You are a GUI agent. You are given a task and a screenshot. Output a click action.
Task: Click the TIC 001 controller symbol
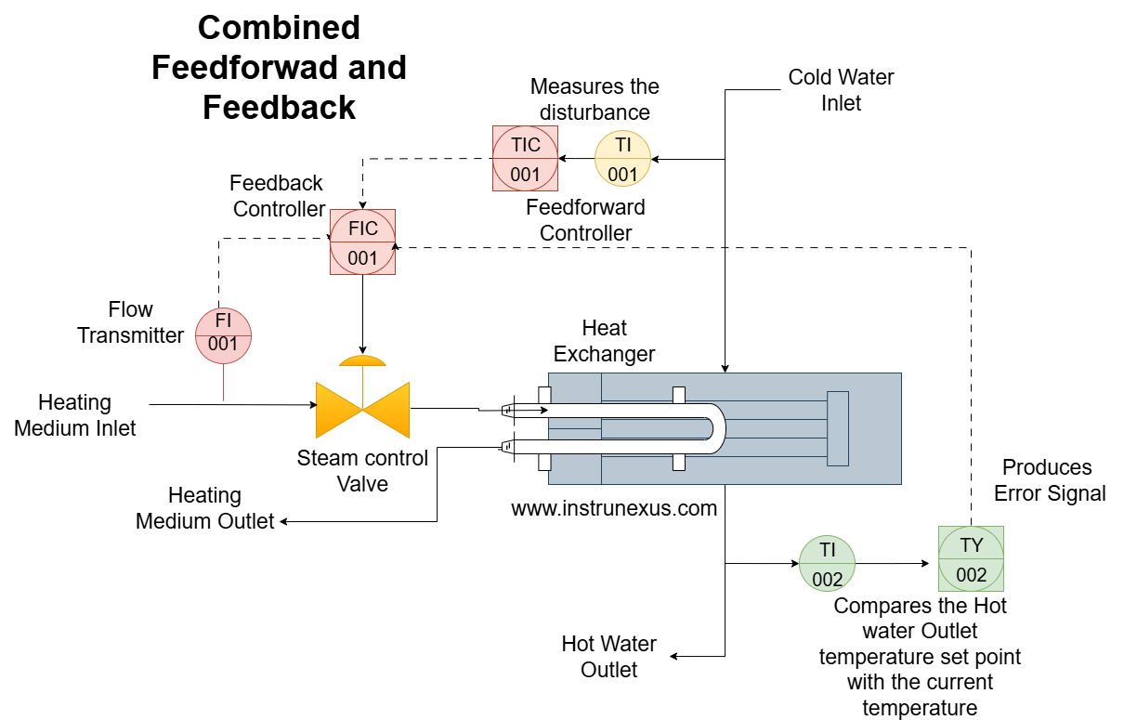[525, 158]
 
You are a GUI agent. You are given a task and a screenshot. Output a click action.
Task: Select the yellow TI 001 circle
[622, 159]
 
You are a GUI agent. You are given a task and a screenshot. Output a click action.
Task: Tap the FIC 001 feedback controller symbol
[362, 242]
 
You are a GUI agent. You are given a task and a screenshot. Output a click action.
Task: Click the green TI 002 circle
[827, 564]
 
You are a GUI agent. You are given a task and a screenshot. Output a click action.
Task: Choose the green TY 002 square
[971, 559]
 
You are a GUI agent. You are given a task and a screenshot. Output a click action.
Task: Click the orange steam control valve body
[362, 409]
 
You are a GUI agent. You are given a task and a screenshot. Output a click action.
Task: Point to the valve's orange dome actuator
[362, 360]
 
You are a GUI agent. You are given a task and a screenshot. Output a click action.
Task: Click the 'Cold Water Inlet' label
[841, 90]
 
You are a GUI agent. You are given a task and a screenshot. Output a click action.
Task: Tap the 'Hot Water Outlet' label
[608, 657]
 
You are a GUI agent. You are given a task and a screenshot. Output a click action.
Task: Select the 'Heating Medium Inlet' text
[74, 415]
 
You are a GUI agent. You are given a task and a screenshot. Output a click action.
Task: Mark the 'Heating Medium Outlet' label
[204, 508]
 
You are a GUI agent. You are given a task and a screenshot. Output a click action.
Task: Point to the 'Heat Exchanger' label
[604, 341]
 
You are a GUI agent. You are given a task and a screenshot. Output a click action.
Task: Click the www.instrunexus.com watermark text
[614, 508]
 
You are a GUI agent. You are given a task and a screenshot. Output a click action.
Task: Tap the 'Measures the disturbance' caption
[595, 99]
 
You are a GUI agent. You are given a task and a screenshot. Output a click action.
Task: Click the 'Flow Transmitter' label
[130, 322]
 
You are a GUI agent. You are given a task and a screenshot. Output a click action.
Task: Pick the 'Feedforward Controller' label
[585, 220]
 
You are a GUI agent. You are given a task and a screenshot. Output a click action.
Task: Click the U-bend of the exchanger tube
[715, 428]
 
